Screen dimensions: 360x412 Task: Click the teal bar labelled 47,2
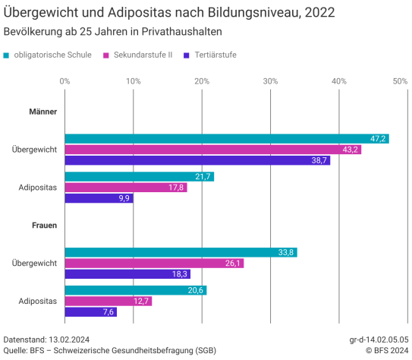(x=226, y=139)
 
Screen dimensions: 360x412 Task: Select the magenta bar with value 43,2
(x=212, y=150)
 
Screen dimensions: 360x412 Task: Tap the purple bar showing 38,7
(x=197, y=160)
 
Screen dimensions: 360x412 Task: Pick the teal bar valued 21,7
(x=139, y=176)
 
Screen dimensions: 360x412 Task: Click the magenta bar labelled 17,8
(x=125, y=188)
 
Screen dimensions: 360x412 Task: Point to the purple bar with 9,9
(x=99, y=198)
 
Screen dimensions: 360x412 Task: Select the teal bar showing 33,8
(x=181, y=252)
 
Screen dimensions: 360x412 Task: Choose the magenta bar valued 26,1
(x=154, y=263)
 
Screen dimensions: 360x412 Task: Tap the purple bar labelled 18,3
(x=127, y=273)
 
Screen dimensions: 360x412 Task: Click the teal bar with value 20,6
(x=135, y=290)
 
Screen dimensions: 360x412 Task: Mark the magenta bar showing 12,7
(x=108, y=301)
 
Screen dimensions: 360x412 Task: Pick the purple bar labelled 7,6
(x=90, y=311)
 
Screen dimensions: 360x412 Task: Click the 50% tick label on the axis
(x=400, y=81)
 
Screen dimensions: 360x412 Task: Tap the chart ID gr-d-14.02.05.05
(x=379, y=339)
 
